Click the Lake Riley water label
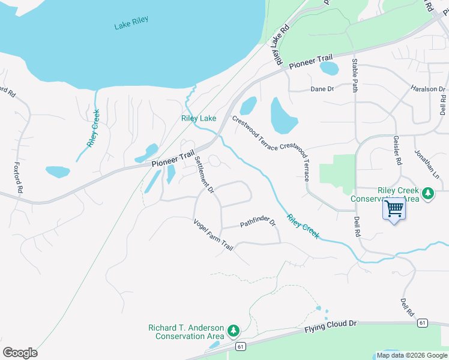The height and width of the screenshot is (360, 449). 131,23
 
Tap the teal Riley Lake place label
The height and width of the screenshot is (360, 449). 199,118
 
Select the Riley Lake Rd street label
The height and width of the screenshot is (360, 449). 280,45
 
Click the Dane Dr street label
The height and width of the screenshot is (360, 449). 322,89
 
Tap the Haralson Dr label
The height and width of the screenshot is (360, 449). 428,89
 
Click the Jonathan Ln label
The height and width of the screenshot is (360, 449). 427,162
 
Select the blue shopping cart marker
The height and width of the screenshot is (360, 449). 394,209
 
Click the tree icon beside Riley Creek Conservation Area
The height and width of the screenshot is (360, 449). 428,193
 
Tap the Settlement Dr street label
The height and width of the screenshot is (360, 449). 205,175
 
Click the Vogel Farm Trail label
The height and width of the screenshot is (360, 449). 212,235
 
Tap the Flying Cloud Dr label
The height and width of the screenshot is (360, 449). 330,326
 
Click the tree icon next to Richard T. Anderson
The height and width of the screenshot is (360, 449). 234,331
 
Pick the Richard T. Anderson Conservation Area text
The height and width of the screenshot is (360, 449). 186,332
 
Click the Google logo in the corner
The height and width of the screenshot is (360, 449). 20,353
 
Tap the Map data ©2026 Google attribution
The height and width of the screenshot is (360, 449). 411,355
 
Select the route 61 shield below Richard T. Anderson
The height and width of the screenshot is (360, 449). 241,346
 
